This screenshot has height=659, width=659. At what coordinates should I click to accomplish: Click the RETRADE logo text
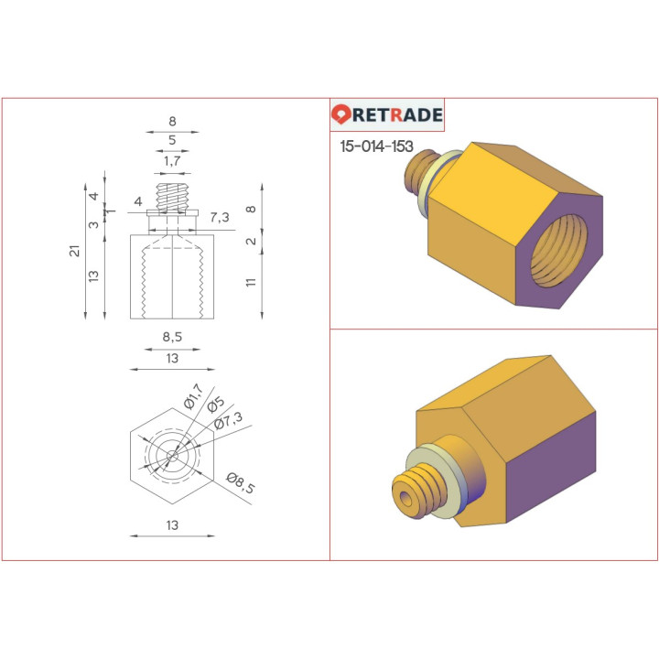(398, 115)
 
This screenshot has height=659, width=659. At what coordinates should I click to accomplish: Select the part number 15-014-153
(376, 146)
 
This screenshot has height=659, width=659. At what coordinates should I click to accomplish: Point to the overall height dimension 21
(75, 251)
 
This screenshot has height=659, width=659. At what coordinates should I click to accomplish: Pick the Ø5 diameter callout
(215, 405)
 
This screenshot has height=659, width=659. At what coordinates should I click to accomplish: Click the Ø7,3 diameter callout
(228, 421)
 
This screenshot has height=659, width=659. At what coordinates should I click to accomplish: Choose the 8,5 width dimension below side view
(172, 337)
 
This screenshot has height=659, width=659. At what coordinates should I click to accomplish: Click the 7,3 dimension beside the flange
(220, 217)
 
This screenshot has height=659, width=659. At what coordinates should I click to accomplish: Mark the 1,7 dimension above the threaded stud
(172, 161)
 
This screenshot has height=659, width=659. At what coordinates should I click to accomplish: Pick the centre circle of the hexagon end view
(172, 455)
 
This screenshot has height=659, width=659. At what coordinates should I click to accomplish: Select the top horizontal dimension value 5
(172, 140)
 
